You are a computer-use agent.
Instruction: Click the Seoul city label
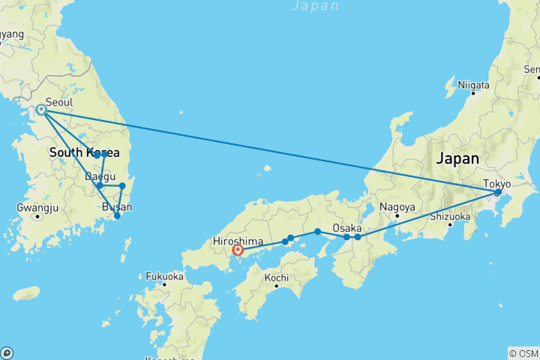click(59, 102)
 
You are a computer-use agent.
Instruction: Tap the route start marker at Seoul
click(42, 110)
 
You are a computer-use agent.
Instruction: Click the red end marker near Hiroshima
click(238, 250)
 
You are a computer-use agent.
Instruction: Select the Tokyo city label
click(496, 183)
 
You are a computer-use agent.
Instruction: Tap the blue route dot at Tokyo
click(497, 193)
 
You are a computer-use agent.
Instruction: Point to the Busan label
click(117, 207)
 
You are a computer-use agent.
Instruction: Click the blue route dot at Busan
click(117, 216)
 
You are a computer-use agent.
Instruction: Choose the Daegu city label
click(100, 177)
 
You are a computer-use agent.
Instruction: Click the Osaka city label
click(348, 227)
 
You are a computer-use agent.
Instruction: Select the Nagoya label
click(397, 206)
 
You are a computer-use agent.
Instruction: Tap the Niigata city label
click(473, 86)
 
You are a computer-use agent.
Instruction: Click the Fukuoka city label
click(165, 274)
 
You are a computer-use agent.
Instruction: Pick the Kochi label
click(276, 277)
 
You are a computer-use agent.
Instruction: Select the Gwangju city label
click(36, 207)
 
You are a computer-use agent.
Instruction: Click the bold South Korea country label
click(84, 153)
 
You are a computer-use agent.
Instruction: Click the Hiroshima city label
click(237, 241)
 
